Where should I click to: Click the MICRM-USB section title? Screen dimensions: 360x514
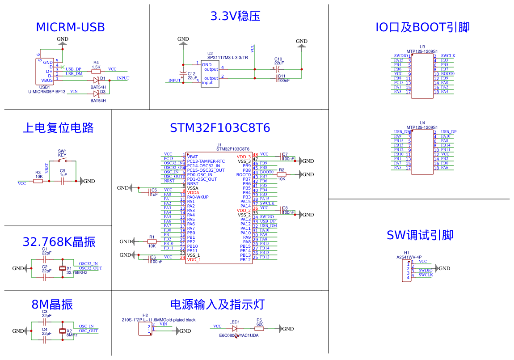[70, 27]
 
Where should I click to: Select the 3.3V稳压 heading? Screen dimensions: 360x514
[235, 17]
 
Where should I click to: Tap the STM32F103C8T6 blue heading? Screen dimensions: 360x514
[220, 128]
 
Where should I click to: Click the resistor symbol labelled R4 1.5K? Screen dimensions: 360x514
[96, 71]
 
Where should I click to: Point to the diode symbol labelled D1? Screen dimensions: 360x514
[96, 80]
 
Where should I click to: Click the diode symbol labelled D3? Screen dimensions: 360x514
[96, 93]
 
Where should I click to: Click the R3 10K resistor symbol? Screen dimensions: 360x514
[38, 181]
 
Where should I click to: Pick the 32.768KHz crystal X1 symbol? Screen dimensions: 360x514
[63, 268]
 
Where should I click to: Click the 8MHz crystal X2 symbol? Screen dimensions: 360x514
[63, 331]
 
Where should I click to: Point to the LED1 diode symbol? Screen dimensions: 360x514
[235, 329]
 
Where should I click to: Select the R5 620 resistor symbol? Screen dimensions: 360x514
[259, 329]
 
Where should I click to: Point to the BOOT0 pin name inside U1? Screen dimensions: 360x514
[244, 175]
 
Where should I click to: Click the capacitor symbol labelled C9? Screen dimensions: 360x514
[63, 181]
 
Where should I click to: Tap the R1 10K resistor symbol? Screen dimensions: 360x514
[152, 241]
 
